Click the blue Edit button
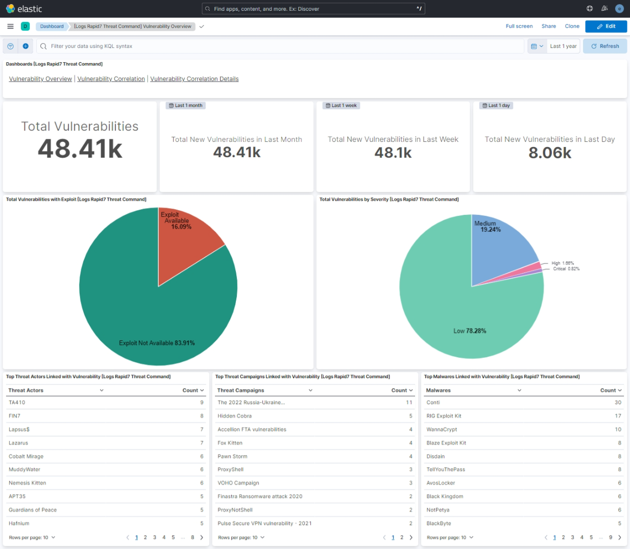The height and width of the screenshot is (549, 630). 605,27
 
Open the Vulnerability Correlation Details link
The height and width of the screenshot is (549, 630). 194,79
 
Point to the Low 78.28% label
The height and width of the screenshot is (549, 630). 470,331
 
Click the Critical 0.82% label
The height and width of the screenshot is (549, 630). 566,269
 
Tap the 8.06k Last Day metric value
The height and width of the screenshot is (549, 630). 549,153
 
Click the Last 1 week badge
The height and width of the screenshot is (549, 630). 342,106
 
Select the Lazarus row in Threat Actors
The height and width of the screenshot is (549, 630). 18,443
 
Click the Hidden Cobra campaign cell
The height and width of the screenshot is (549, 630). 234,416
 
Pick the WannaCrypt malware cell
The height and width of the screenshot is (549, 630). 442,430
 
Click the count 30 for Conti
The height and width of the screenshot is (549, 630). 618,403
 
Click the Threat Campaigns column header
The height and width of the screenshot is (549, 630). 240,390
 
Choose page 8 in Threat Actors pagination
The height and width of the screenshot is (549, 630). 192,537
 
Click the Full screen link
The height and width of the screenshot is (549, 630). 519,27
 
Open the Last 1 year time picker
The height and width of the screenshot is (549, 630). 563,46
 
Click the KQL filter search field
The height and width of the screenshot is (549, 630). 281,46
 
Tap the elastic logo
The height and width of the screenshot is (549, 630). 23,9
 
